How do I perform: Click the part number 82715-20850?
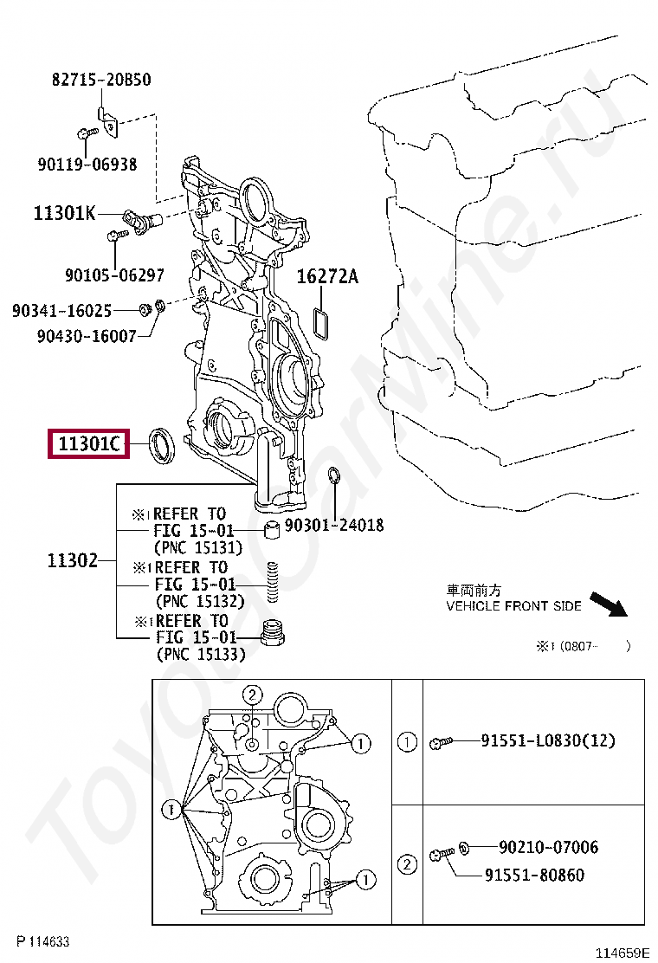(x=101, y=80)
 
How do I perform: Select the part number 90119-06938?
(x=87, y=164)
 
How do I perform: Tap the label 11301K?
(x=65, y=212)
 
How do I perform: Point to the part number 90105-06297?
(x=114, y=275)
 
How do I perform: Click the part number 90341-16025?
(x=61, y=310)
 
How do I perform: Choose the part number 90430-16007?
(x=87, y=335)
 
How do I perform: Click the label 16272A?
(x=327, y=277)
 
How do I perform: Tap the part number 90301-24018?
(x=334, y=526)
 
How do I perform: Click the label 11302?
(x=73, y=560)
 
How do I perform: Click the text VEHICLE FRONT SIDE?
(x=513, y=606)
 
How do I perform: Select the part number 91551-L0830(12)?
(x=561, y=741)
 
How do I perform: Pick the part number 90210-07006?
(x=548, y=847)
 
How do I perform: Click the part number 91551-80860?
(x=534, y=875)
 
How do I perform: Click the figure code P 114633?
(x=42, y=941)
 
